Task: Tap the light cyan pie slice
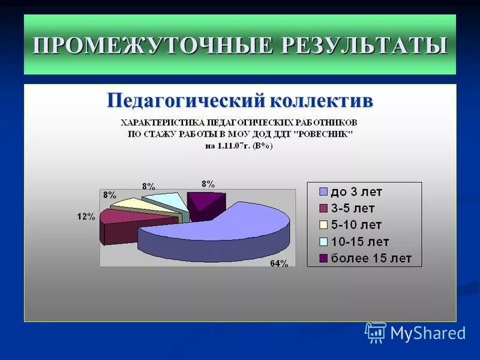(165, 200)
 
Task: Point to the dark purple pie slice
(204, 203)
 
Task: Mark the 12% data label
(86, 217)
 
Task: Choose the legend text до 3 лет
(355, 192)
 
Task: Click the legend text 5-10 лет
(355, 225)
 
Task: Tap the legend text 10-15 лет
(359, 242)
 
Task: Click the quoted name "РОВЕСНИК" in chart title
(322, 134)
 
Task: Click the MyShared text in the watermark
(428, 333)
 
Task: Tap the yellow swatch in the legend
(323, 225)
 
